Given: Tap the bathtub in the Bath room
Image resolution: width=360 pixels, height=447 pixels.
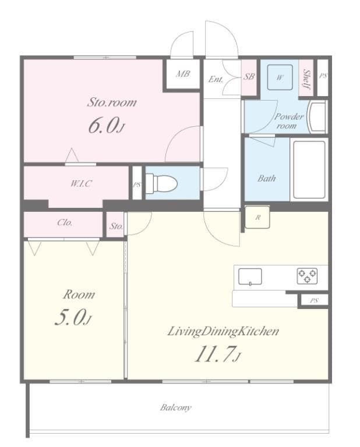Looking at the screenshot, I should [309, 169].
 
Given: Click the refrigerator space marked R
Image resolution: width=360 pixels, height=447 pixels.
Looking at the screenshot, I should [257, 217].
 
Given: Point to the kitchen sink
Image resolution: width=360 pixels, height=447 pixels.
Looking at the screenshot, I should [250, 277].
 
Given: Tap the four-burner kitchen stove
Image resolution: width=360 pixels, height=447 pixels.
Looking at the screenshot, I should [307, 276].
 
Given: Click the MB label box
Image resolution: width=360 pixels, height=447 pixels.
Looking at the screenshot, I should [183, 74].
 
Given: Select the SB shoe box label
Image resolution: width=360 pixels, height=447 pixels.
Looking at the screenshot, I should [249, 76].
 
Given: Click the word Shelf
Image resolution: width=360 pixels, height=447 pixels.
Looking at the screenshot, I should [306, 77].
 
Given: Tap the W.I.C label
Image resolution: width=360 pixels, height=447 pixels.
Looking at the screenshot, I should [82, 183].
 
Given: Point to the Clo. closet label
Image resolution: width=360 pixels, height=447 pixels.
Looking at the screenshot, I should [65, 222].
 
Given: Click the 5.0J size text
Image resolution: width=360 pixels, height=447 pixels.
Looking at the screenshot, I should [73, 318].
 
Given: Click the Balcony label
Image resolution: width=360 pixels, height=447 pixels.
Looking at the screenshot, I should [176, 407].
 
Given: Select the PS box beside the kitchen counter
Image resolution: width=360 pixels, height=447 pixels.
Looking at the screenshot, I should [314, 301].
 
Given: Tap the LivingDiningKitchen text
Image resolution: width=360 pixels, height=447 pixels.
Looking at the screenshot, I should [223, 332].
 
